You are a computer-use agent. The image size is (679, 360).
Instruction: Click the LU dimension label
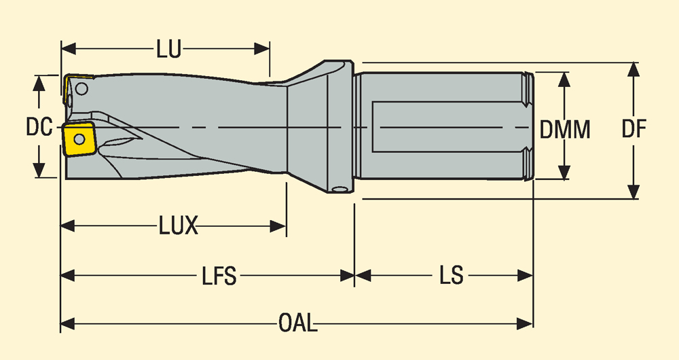tap(168, 50)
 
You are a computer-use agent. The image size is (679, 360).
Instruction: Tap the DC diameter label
tap(39, 127)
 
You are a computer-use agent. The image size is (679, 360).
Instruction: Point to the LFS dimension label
tap(219, 276)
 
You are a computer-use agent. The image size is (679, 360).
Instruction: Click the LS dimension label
tap(451, 276)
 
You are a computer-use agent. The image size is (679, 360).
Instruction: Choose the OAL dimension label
tap(297, 323)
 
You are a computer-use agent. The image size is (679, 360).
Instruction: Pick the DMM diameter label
tap(565, 129)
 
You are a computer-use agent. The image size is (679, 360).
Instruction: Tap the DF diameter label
tap(634, 129)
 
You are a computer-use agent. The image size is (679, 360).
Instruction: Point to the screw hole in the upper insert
tap(82, 88)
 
